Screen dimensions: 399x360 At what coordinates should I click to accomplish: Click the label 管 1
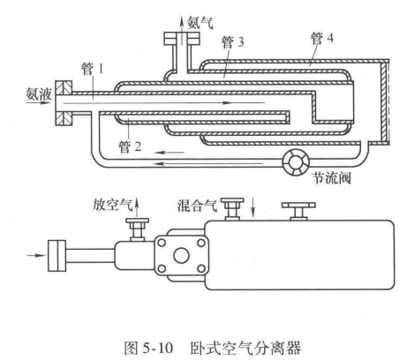click(x=93, y=69)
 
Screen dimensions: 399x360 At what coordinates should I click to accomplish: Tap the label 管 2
click(x=130, y=146)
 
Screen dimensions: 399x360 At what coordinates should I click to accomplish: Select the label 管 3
click(x=233, y=42)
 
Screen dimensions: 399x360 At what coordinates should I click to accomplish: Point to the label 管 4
click(x=322, y=38)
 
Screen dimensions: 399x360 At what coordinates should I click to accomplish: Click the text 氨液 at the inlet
click(x=39, y=94)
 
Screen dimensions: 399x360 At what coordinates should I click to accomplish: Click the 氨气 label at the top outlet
click(x=200, y=22)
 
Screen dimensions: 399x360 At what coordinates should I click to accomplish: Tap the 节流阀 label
click(x=332, y=177)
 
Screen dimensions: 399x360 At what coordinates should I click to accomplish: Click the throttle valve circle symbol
click(x=296, y=162)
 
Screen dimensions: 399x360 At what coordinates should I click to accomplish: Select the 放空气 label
click(x=113, y=205)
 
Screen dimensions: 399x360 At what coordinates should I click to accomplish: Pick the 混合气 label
click(x=197, y=206)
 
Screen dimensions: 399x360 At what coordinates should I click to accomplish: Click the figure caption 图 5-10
click(x=148, y=348)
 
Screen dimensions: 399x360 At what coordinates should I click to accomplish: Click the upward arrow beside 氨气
click(x=182, y=30)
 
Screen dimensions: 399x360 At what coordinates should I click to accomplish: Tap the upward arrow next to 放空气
click(x=137, y=207)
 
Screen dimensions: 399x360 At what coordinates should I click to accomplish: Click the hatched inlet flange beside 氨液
click(x=64, y=103)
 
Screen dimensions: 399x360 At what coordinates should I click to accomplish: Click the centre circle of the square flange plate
click(x=181, y=255)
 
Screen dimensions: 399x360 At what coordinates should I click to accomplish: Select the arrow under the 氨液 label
click(x=39, y=103)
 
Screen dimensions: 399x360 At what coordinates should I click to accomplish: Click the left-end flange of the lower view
click(x=57, y=256)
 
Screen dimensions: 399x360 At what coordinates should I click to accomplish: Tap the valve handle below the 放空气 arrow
click(x=137, y=229)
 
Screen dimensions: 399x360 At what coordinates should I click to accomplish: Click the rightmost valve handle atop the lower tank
click(x=298, y=211)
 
